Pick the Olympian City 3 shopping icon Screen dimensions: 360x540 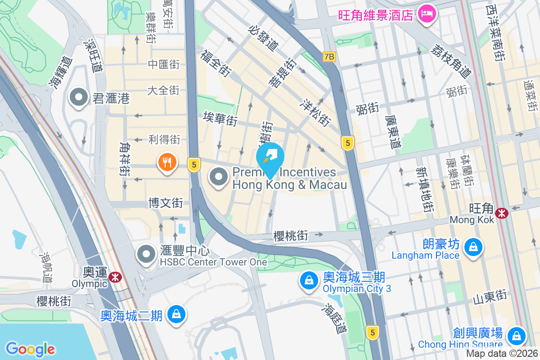click(x=309, y=281)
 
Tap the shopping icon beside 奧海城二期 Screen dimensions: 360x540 click(x=176, y=315)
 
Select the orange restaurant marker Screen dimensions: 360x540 click(x=167, y=162)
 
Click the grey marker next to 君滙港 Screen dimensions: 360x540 click(x=79, y=97)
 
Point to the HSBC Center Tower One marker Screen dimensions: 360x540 click(x=146, y=255)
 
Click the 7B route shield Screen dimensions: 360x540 click(x=329, y=57)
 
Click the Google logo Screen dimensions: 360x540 click(x=30, y=348)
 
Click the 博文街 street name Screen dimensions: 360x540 click(x=166, y=202)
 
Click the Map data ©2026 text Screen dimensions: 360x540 click(x=503, y=354)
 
